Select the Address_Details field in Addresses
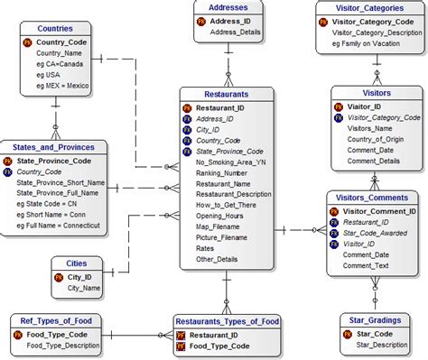pyautogui.click(x=235, y=33)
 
